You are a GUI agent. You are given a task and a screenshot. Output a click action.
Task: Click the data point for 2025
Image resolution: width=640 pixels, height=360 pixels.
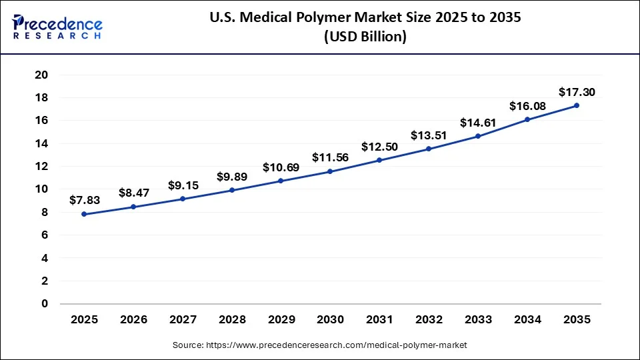click(84, 214)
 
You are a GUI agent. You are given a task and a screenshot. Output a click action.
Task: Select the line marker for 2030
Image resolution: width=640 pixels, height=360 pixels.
click(330, 172)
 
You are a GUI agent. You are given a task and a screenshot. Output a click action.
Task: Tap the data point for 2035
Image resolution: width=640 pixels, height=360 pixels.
click(576, 105)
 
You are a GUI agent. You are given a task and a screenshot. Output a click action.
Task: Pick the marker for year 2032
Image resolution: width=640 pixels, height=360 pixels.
click(429, 149)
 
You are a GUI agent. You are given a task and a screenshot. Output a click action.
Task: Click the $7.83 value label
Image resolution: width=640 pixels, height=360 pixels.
click(84, 199)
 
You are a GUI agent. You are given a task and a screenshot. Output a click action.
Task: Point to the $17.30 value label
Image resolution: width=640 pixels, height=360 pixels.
click(576, 92)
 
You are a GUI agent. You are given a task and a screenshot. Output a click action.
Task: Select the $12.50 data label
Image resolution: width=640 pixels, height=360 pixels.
click(379, 146)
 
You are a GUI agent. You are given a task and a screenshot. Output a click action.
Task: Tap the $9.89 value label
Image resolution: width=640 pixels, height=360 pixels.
click(231, 177)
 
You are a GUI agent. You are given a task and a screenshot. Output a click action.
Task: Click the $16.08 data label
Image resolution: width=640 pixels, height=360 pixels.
click(527, 106)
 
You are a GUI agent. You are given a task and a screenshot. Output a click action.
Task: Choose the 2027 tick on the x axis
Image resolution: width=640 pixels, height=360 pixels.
click(182, 320)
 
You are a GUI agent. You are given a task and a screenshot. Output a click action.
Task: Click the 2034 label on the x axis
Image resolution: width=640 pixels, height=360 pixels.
click(527, 320)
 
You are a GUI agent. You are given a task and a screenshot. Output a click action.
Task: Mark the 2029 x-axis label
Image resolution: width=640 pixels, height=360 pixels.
click(281, 320)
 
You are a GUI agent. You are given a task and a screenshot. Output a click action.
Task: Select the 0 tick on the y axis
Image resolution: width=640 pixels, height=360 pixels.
click(45, 304)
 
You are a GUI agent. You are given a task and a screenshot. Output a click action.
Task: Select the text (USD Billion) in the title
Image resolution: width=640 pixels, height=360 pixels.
click(365, 37)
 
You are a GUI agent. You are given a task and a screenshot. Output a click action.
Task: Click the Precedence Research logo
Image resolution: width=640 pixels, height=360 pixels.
click(57, 27)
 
